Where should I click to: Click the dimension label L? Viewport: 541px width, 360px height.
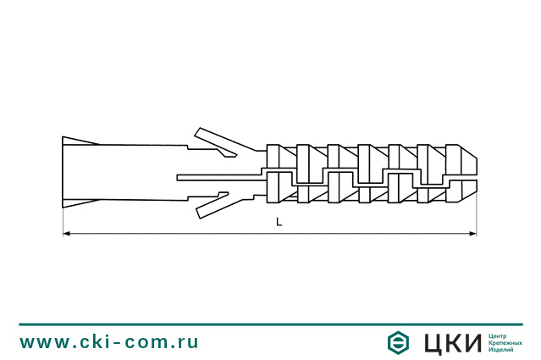pos(279,222)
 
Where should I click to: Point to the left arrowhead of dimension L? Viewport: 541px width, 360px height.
pos(68,234)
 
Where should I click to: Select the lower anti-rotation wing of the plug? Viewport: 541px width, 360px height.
pos(215,206)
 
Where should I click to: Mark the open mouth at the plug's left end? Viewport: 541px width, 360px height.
pos(68,174)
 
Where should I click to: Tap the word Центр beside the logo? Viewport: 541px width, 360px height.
pos(500,335)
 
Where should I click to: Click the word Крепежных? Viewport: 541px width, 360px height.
pos(505,342)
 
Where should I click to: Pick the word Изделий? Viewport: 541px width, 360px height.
pos(502,350)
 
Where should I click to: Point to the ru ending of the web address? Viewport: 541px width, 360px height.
pos(188,343)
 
